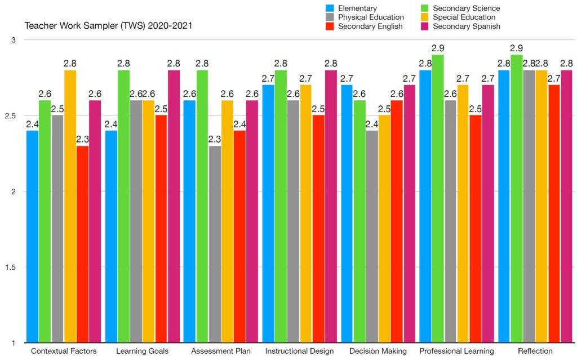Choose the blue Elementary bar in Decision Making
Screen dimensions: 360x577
[x=347, y=214]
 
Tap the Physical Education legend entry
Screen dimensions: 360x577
[x=371, y=17]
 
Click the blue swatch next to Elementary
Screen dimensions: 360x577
[x=331, y=8]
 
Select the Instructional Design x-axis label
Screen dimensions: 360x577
[x=299, y=352]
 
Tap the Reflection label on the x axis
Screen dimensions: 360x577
[x=535, y=352]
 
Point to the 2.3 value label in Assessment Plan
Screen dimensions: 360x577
[x=215, y=139]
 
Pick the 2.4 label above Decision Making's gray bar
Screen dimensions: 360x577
[x=372, y=124]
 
